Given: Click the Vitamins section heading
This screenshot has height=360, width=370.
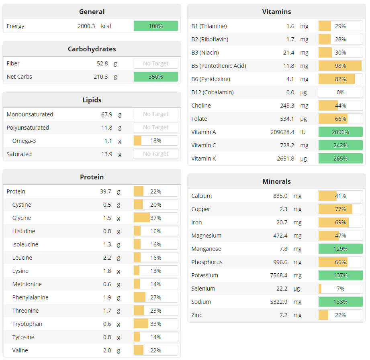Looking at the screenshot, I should [276, 12].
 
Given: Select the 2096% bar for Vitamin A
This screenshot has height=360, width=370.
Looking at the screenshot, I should [340, 132].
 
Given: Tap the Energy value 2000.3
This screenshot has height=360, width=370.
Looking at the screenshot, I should [86, 26].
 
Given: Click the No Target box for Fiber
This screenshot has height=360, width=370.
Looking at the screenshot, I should [155, 63].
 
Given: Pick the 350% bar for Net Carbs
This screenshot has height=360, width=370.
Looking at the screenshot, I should [155, 77].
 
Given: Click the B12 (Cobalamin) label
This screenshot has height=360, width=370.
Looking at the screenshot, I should [212, 92].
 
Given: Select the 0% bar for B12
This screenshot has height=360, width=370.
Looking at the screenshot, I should [340, 92].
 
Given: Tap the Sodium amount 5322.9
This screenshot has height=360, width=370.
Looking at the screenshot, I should [279, 302].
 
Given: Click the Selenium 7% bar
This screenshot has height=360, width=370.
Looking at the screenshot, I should [340, 289].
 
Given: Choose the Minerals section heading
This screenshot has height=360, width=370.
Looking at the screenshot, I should [276, 181].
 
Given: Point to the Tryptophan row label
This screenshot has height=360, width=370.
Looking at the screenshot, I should [27, 324].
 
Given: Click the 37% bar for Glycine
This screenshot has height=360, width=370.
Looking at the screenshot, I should [155, 218].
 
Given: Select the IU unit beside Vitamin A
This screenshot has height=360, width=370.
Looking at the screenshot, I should [303, 132].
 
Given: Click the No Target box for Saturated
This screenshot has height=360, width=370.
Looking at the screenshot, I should [155, 154].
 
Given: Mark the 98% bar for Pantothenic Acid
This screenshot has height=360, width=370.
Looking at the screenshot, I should [340, 66].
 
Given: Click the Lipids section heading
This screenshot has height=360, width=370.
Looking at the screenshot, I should [92, 100].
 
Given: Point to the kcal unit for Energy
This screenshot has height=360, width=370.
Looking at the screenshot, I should [106, 26].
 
